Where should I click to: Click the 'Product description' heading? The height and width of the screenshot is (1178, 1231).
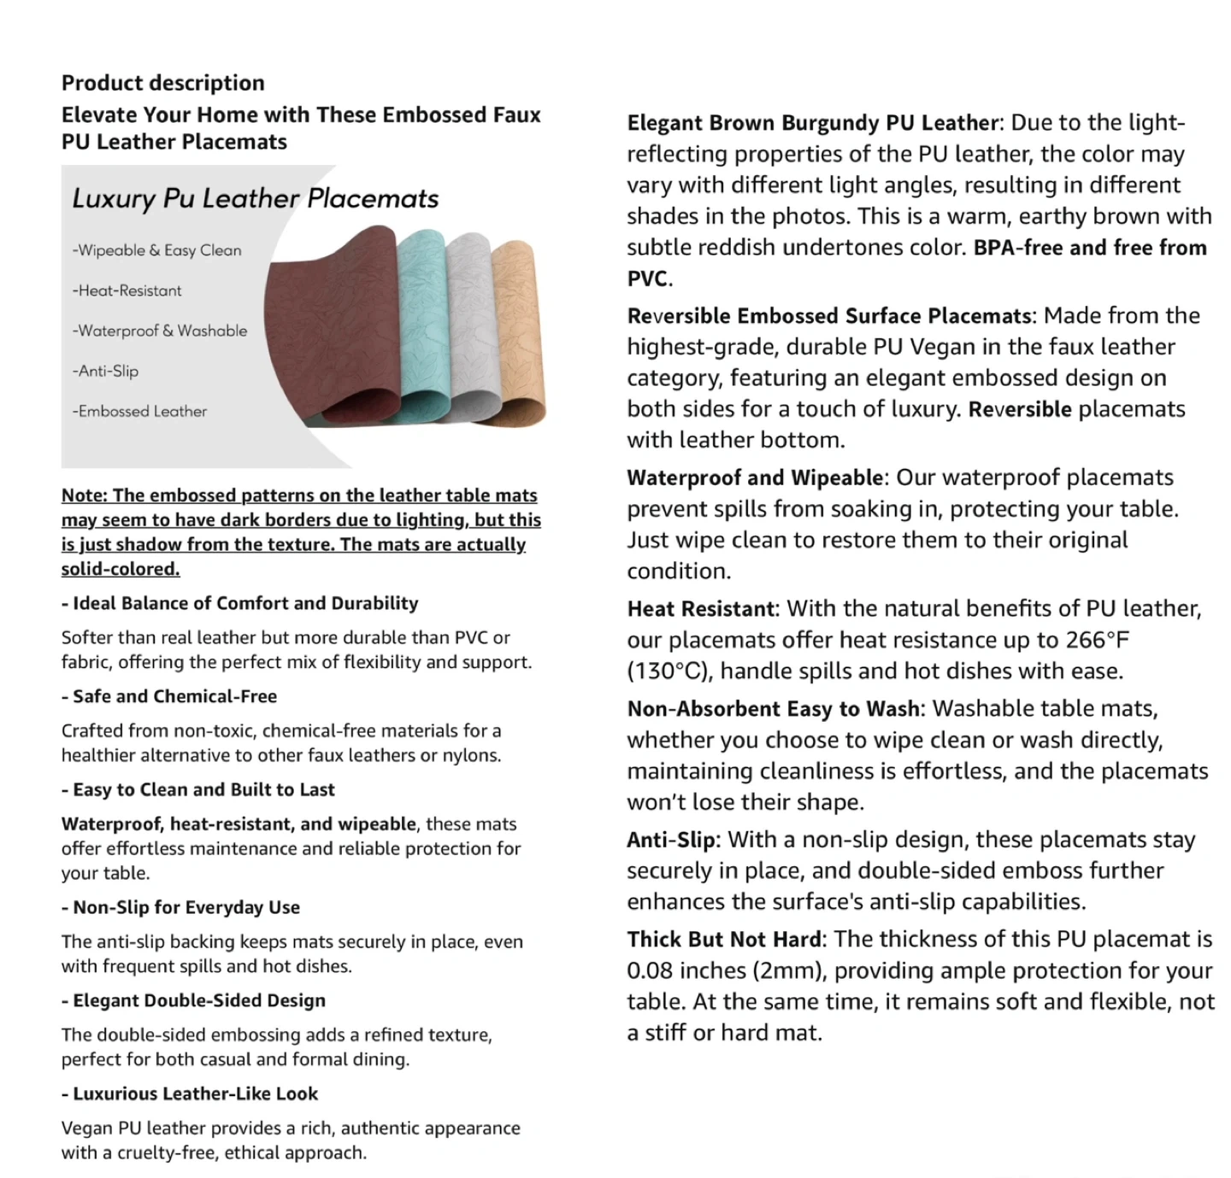162,83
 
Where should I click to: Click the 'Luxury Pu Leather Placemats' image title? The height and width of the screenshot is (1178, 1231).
255,199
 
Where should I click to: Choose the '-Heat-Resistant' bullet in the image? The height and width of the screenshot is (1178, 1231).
127,290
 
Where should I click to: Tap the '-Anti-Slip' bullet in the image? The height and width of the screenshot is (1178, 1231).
105,371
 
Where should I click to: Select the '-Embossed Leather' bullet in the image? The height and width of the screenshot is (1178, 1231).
139,411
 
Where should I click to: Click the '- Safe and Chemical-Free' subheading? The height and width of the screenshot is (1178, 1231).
169,696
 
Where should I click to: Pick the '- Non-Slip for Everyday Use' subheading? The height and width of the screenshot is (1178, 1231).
180,907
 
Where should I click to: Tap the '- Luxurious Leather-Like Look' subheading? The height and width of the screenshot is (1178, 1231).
189,1093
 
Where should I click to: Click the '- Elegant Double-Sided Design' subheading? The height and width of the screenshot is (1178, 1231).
193,1000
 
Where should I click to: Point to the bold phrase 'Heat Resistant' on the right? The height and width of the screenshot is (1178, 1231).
702,609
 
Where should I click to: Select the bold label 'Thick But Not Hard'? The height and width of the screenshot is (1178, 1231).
725,940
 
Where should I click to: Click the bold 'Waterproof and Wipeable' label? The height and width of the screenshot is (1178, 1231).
756,478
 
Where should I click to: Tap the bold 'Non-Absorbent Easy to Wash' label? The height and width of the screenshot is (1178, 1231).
773,709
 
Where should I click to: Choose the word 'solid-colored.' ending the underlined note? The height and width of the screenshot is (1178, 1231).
121,569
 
